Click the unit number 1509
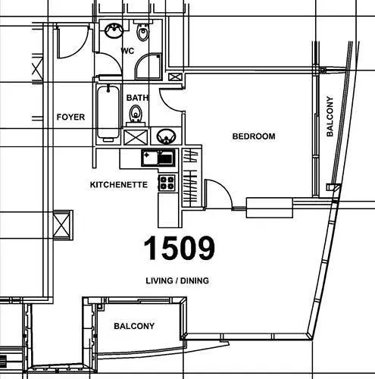point(180,248)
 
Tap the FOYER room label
point(70,117)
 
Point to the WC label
point(127,51)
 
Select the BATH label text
point(137,98)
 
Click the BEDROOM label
point(254,136)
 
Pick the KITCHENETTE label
point(119,185)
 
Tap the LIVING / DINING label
point(177,280)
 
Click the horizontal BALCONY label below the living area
point(134,326)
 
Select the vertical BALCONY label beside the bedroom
point(330,116)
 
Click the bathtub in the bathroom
point(108,114)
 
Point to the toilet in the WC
point(142,32)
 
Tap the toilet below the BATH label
point(136,115)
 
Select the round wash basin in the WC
point(114,30)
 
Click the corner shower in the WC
point(148,67)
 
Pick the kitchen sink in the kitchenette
point(158,158)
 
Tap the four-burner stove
point(167,183)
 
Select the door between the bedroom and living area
point(218,194)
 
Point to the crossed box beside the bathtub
point(136,137)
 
